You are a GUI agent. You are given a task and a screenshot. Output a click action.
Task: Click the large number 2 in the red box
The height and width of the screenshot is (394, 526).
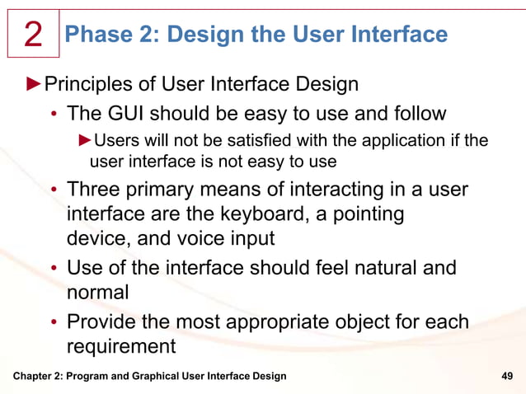33,35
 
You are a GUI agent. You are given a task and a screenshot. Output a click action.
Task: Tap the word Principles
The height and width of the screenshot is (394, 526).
83,84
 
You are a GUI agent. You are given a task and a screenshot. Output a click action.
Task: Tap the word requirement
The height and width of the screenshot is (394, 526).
121,345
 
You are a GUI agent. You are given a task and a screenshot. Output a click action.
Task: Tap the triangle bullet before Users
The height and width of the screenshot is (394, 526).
86,139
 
